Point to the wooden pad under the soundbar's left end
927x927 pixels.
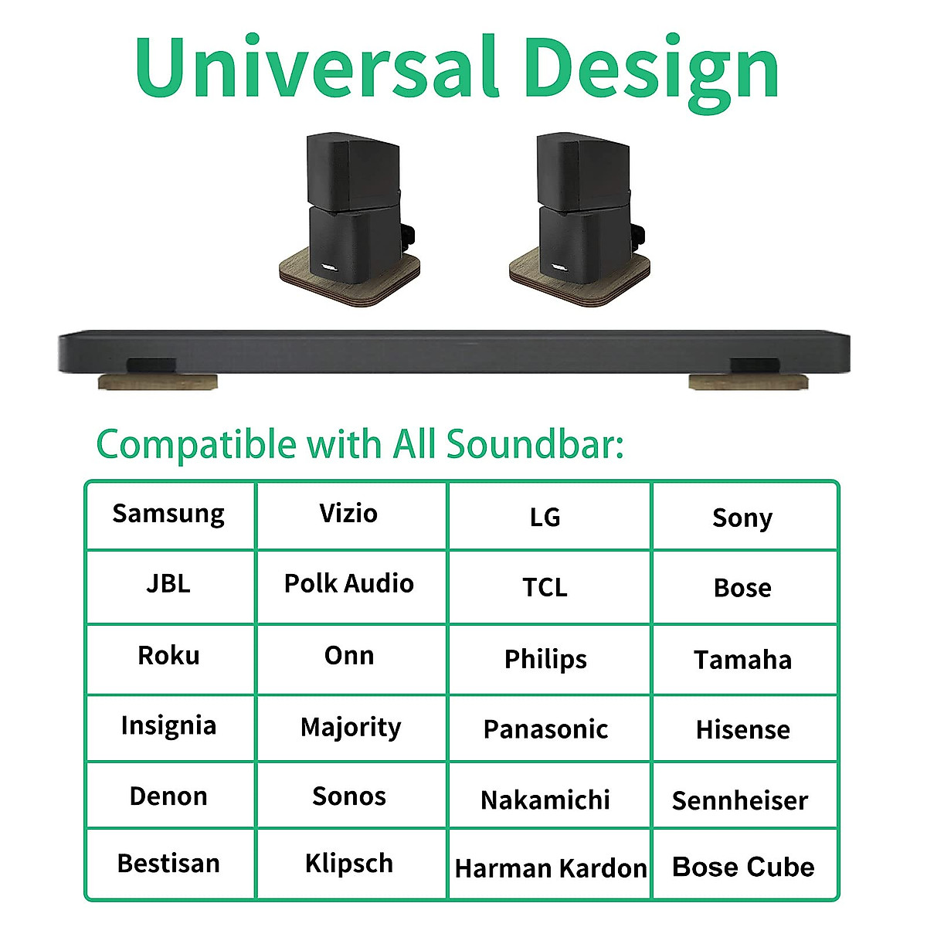(158, 382)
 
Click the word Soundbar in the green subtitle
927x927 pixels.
(534, 445)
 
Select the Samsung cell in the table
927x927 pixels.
(169, 514)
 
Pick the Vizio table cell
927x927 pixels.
(349, 514)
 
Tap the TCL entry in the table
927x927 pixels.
(545, 588)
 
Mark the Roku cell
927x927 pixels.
(169, 656)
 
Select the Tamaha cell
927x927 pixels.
(742, 660)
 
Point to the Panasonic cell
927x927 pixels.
(545, 729)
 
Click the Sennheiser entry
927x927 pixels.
(740, 800)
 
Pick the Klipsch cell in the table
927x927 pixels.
(349, 864)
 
